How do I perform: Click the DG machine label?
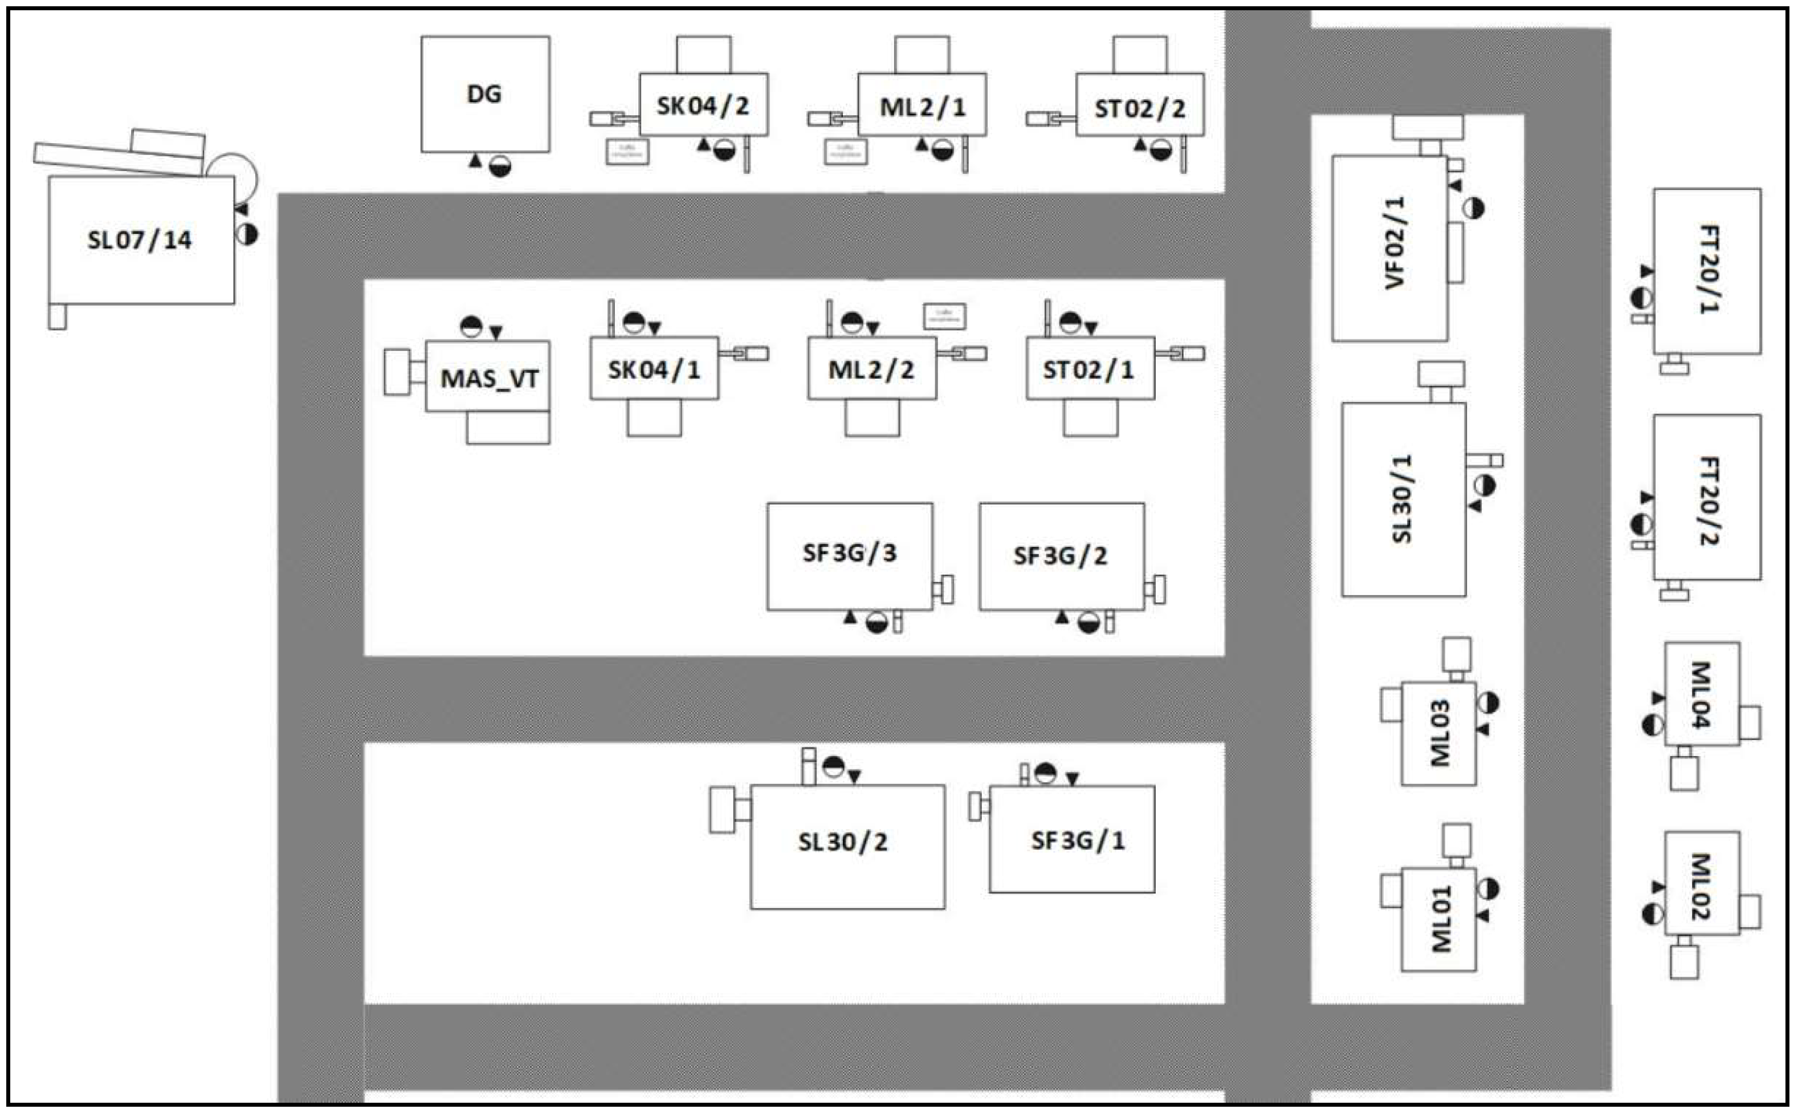(484, 94)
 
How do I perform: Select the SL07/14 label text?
(139, 240)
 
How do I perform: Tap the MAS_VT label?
(489, 379)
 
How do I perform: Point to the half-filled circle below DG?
(500, 166)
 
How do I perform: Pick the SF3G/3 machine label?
(849, 553)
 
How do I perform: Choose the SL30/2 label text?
(842, 842)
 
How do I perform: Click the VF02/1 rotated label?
(1394, 243)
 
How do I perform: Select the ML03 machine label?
(1440, 733)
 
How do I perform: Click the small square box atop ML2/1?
(922, 55)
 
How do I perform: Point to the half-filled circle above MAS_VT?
(471, 327)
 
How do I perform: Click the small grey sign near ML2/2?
(945, 316)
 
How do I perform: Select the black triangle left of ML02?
(1657, 887)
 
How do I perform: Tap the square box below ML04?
(1684, 774)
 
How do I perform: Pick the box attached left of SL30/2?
(723, 810)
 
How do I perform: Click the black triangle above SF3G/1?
(1072, 779)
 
